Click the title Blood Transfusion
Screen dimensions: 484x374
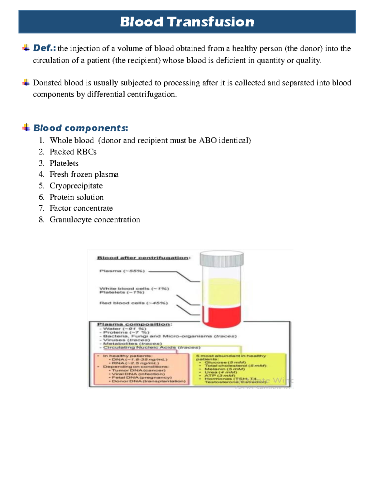187,22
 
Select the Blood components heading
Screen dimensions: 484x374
80,128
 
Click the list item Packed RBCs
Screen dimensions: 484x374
73,152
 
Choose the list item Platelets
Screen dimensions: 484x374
64,163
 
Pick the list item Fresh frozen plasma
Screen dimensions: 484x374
84,175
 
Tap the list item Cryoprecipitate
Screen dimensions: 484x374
76,186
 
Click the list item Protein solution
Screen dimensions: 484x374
76,197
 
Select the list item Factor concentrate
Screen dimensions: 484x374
81,208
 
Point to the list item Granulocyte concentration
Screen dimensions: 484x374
95,220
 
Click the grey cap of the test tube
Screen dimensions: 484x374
222,259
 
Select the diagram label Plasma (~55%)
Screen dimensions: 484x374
122,271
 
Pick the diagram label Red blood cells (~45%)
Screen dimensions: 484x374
133,303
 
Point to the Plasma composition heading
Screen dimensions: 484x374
134,324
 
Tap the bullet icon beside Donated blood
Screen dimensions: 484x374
26,83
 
